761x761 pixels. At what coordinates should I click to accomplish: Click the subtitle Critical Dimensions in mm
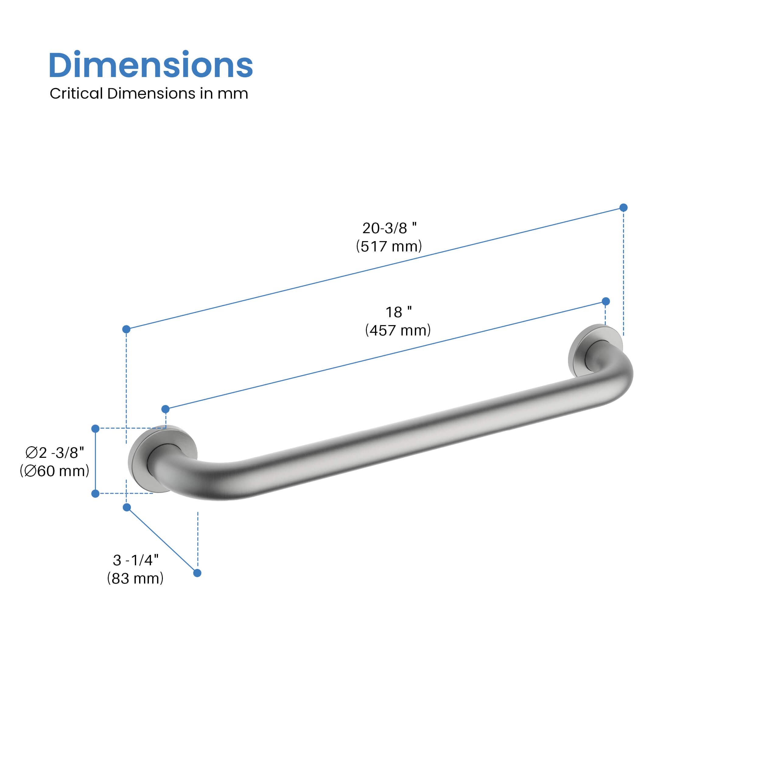(149, 94)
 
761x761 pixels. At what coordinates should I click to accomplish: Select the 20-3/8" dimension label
(389, 228)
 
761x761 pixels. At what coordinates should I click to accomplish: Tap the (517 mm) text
(389, 246)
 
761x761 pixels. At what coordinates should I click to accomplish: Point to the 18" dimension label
(398, 312)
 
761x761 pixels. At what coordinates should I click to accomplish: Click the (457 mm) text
(398, 330)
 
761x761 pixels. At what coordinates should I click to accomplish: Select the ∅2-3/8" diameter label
(55, 453)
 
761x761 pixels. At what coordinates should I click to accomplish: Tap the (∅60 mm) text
(55, 471)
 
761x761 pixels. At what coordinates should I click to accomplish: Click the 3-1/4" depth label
(135, 560)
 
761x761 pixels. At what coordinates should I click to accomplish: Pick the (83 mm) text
(135, 578)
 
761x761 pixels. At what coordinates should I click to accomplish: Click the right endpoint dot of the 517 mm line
(623, 208)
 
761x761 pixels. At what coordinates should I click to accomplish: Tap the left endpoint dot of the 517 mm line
(126, 329)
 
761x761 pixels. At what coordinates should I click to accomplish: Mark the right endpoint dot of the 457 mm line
(606, 301)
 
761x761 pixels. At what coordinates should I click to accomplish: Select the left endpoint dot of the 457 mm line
(165, 409)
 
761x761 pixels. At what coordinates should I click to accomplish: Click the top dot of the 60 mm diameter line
(95, 429)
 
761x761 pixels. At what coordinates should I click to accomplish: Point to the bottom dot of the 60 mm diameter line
(95, 493)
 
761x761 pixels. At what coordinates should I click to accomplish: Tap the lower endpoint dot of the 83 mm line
(197, 573)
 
